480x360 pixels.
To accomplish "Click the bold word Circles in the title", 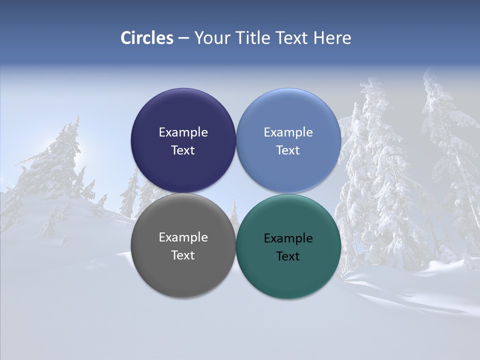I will point(147,38).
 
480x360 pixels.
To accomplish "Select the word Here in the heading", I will point(332,38).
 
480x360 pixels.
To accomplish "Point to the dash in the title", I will point(183,38).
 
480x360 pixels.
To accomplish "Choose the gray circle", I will point(183,270).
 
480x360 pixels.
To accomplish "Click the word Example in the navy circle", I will point(183,132).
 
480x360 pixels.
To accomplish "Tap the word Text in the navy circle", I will point(183,150).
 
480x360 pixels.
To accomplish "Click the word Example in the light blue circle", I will point(288,132).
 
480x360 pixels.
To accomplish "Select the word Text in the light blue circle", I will point(288,150).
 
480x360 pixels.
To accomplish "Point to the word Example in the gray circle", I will point(183,237).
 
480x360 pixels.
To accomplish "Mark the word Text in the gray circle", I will point(183,255).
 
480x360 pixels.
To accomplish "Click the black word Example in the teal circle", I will point(288,238).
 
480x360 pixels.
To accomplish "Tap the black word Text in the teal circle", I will point(288,256).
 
